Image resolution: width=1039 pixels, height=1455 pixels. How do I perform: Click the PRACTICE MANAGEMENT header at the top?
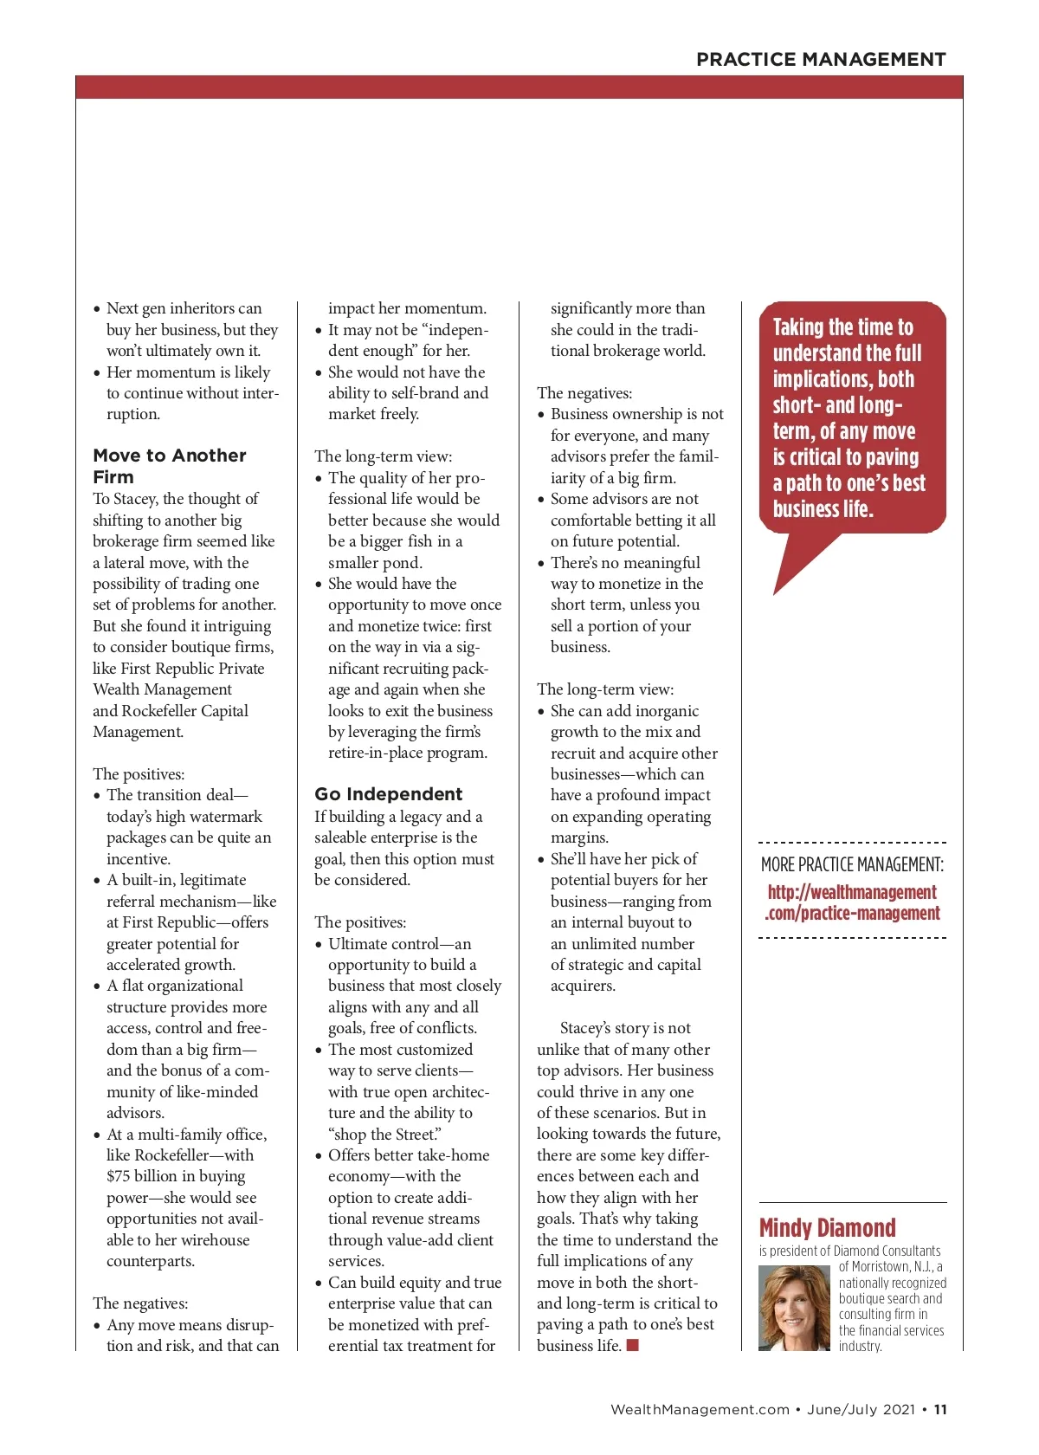click(820, 59)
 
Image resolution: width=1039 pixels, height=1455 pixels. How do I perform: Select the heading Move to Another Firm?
click(170, 466)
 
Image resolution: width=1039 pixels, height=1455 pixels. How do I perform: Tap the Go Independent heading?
click(388, 794)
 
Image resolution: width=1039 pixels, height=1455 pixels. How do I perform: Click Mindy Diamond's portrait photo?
click(794, 1308)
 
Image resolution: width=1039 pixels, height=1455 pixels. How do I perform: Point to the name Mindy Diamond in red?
click(827, 1228)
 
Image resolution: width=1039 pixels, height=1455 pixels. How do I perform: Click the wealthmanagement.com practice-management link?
click(852, 902)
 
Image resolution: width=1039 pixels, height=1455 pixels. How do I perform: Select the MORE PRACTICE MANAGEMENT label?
click(852, 864)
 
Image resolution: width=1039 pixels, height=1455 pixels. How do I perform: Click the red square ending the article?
click(633, 1345)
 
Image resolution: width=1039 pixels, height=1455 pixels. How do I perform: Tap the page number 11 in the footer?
click(940, 1409)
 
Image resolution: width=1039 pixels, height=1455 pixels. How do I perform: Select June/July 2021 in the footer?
click(861, 1409)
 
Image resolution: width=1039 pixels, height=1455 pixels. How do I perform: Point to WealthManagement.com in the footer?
click(700, 1409)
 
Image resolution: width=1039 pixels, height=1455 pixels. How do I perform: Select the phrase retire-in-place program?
click(407, 753)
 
